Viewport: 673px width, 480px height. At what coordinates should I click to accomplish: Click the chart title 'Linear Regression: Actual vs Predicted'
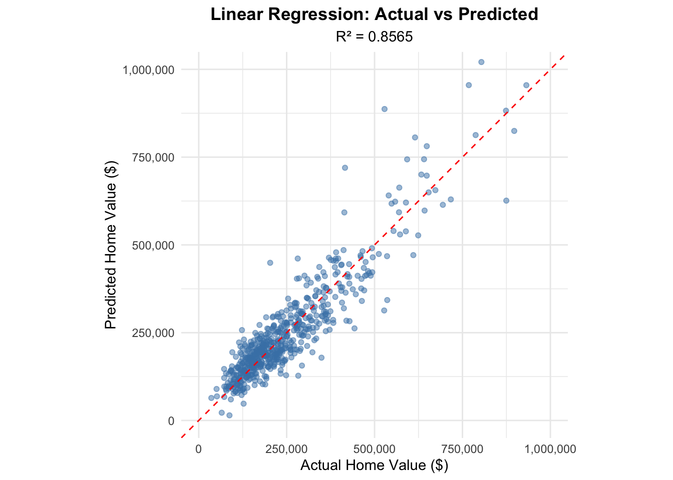coord(374,14)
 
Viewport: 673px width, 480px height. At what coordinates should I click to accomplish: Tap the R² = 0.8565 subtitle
coord(374,36)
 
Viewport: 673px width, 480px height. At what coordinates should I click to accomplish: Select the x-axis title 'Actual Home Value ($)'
coord(374,465)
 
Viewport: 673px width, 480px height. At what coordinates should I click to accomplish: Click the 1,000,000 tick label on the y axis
coord(149,69)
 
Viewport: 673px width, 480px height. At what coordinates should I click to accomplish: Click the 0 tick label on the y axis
coord(171,420)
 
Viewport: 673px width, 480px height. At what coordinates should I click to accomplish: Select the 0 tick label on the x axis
coord(199,449)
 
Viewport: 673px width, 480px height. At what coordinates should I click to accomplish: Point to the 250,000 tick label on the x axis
coord(287,449)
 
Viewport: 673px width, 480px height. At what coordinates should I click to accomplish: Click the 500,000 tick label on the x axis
coord(375,449)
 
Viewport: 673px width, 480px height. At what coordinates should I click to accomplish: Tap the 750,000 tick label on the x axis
coord(462,449)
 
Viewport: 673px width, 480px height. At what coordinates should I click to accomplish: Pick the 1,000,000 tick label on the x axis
coord(550,449)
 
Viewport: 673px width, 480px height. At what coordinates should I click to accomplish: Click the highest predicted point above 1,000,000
coord(481,62)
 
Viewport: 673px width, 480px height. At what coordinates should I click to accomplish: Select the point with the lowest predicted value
coord(229,415)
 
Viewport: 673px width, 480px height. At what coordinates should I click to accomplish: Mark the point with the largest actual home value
coord(526,85)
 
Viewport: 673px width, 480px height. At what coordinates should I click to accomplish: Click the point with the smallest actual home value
coord(211,398)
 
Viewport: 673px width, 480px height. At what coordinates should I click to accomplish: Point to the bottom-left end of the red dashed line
coord(182,437)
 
